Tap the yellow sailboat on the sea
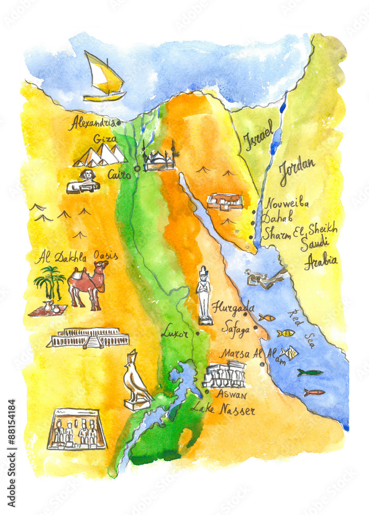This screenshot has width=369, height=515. pos(105,78)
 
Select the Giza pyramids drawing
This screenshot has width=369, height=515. pos(100,155)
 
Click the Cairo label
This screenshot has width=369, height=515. pos(119,175)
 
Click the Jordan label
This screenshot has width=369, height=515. pos(297,171)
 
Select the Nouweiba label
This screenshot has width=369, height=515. pos(287,203)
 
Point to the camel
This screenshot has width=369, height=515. pos(88,284)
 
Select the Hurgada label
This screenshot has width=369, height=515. pos(233,306)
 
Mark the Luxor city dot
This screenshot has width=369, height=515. pos(197,333)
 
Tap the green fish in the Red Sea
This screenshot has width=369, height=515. pos(310,372)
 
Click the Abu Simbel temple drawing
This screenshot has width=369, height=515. pos(76,429)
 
